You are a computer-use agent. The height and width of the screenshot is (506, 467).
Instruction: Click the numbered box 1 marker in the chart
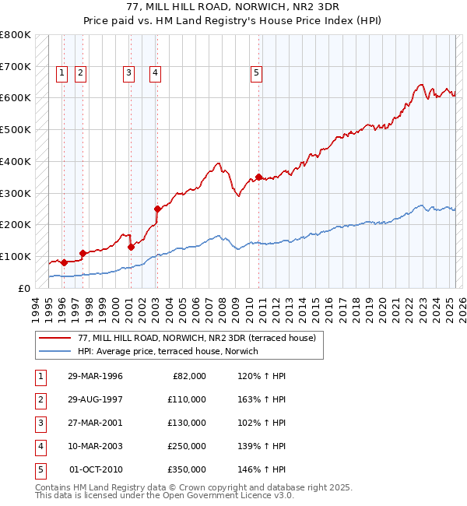point(61,73)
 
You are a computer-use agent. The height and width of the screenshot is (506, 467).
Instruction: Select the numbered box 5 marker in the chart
point(256,73)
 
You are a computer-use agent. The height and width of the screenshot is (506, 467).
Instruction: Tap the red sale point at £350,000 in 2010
point(258,177)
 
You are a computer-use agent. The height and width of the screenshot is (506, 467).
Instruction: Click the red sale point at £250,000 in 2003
point(157,209)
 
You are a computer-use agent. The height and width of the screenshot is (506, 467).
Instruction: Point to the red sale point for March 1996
point(64,262)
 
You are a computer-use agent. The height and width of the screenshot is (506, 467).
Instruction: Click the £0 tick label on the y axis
point(23,288)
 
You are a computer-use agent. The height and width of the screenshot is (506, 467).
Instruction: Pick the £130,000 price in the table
point(186,422)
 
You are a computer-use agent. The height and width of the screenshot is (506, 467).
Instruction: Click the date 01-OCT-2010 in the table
point(96,469)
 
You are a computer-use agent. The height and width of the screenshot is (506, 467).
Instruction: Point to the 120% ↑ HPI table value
point(259,375)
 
